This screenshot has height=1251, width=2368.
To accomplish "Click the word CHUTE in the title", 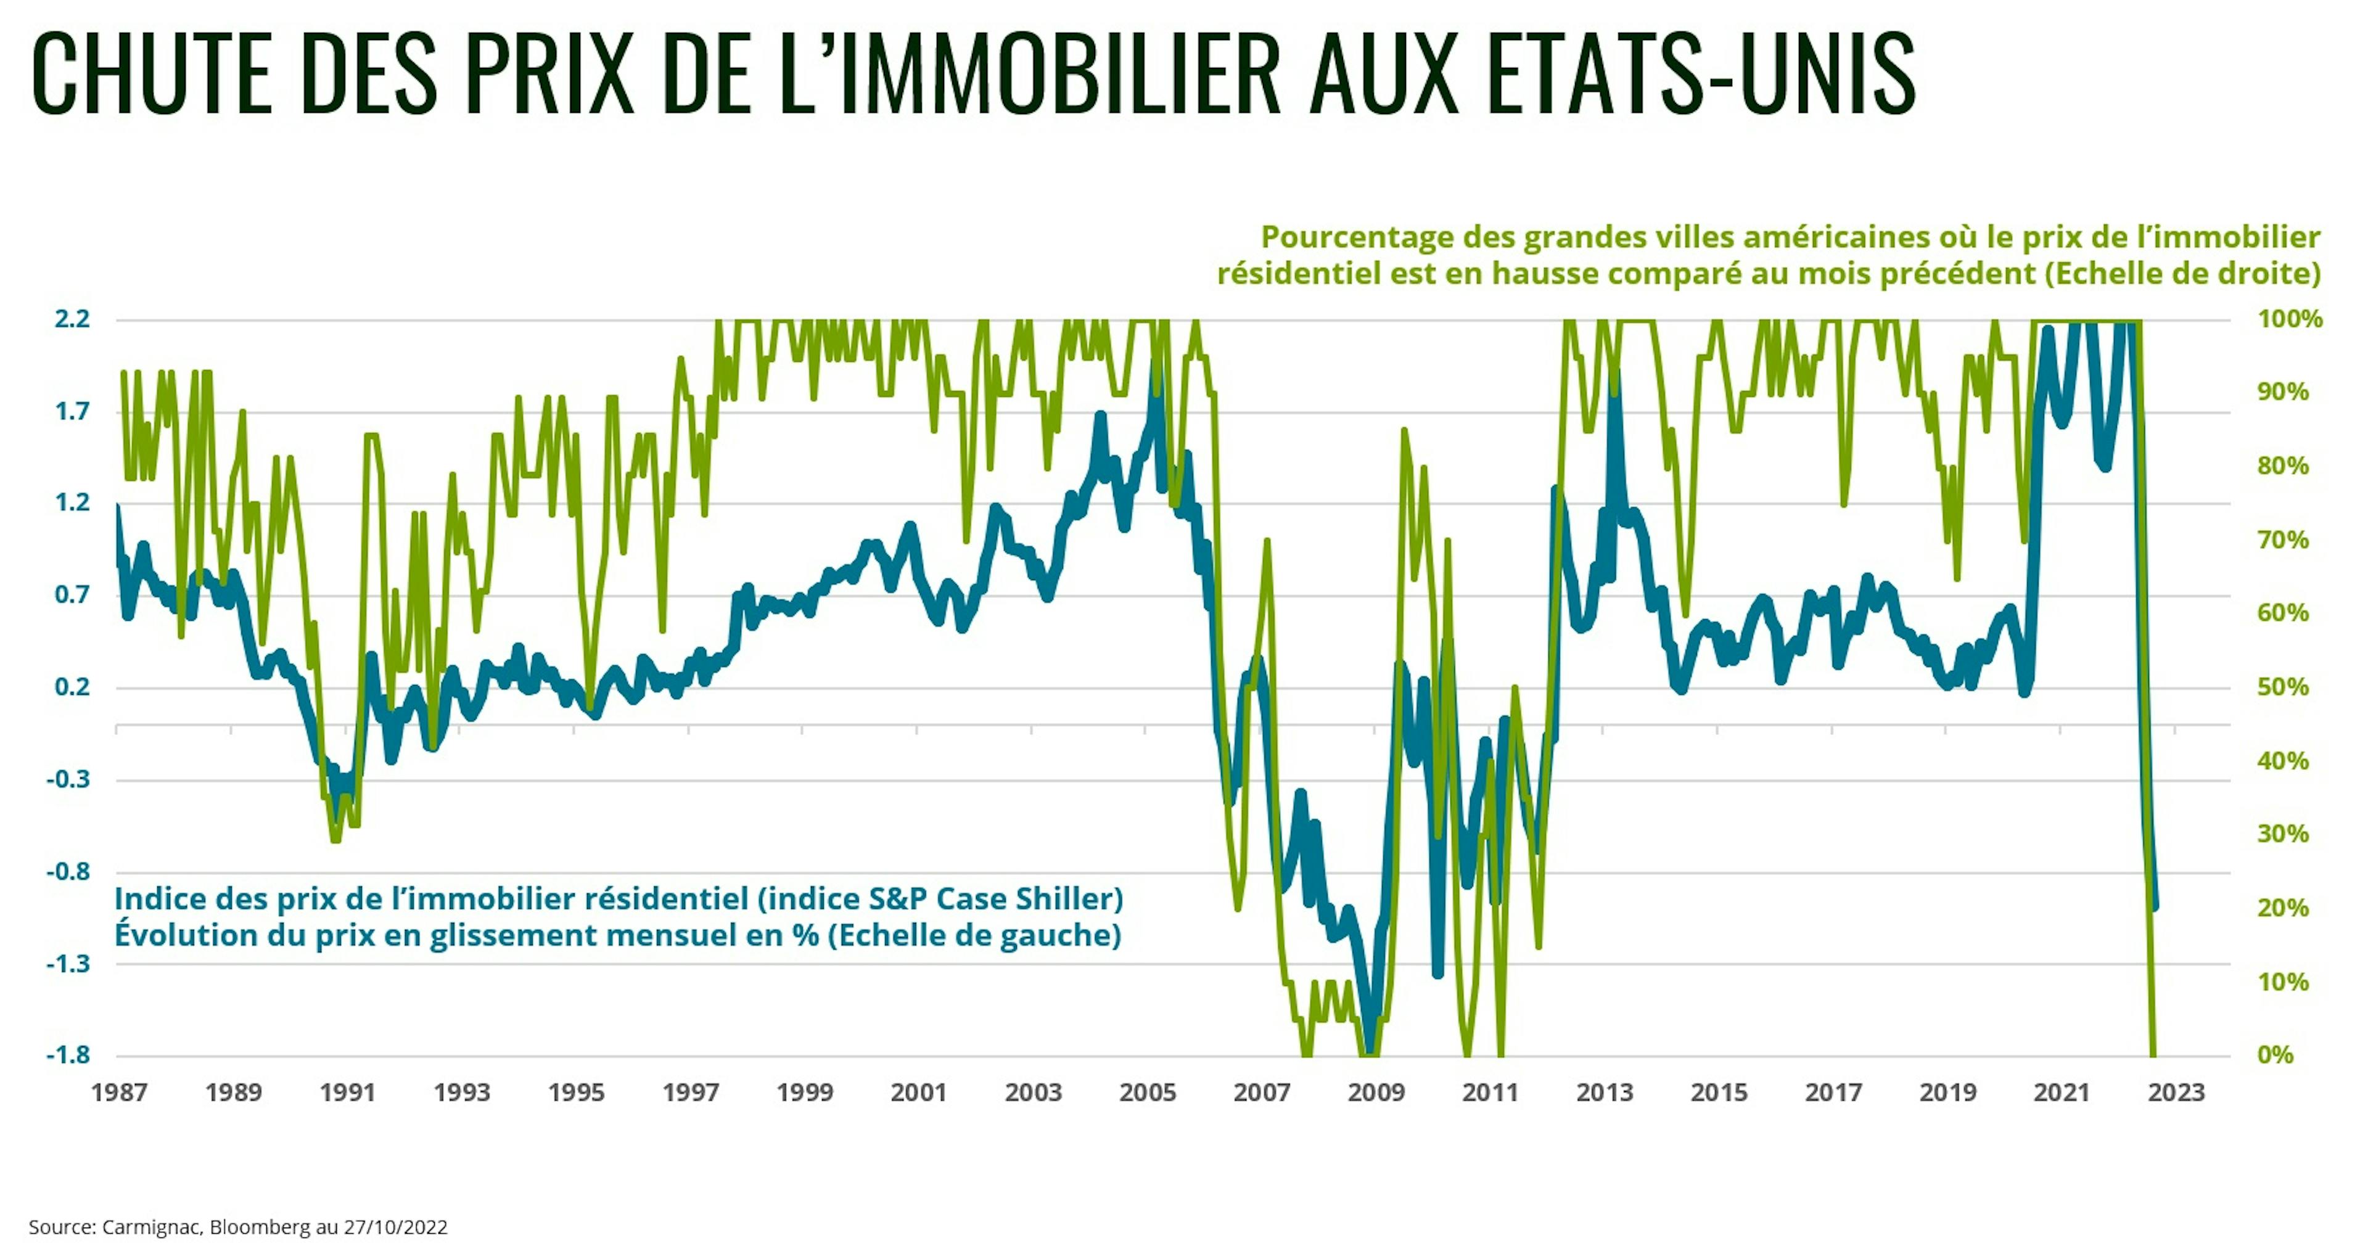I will point(152,73).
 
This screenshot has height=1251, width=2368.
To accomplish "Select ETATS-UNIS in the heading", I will point(1701,73).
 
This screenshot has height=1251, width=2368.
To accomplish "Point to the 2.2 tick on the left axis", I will point(73,319).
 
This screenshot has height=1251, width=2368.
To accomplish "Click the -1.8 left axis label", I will point(69,1054).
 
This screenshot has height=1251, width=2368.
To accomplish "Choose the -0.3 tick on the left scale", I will point(69,779).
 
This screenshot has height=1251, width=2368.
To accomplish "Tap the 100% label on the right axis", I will point(2290,319).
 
